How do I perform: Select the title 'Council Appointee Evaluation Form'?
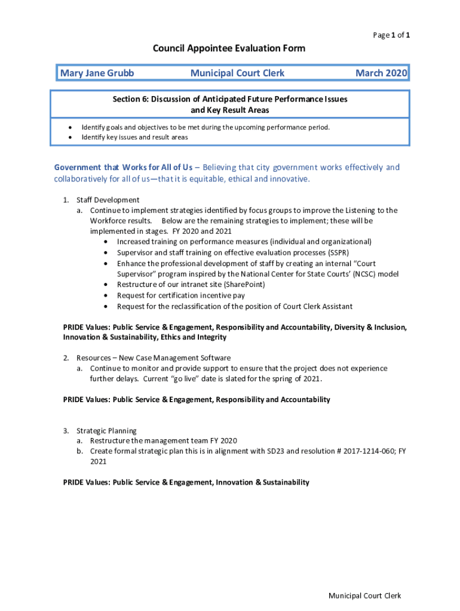229,48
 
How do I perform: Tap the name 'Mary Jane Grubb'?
97,73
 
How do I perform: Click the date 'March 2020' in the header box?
381,73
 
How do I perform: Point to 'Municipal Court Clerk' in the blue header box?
237,73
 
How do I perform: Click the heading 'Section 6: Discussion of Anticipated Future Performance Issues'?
230,99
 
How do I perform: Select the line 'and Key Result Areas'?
230,110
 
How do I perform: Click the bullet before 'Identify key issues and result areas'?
70,137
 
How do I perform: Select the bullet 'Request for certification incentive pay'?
180,295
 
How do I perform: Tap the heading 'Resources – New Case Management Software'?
153,358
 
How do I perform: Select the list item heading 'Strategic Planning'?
106,431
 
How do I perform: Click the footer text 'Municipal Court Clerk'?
364,596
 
